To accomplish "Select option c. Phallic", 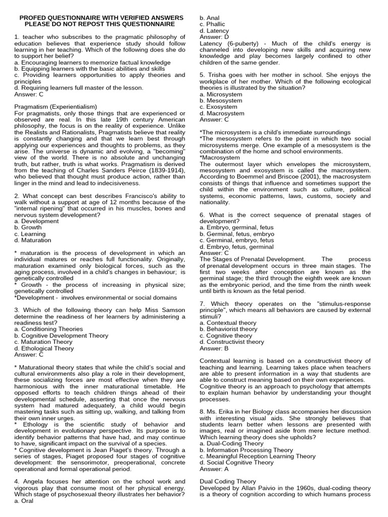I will [212, 24].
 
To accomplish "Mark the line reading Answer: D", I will [214, 37].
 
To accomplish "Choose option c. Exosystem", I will [218, 107].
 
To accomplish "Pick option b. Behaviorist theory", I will [228, 329].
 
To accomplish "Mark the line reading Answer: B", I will [214, 348].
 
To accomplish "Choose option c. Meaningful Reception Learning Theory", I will [258, 456].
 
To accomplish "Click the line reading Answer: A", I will [214, 469].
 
